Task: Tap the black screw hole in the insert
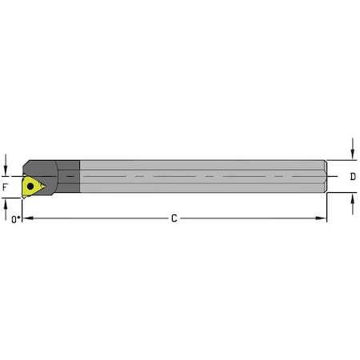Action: (31, 186)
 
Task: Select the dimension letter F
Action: (6, 187)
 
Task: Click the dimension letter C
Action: (174, 218)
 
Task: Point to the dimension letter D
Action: (353, 176)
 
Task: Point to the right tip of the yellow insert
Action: (46, 187)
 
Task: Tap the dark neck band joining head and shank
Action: (70, 176)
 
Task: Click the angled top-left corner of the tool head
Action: (26, 164)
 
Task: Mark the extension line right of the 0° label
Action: (23, 211)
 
